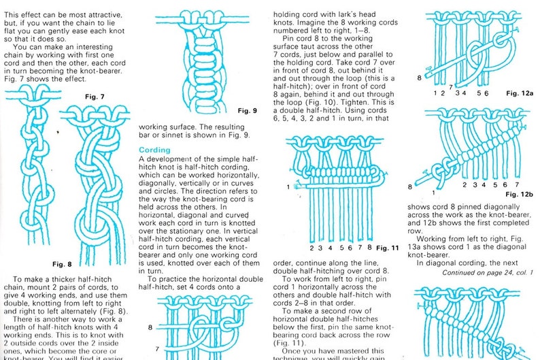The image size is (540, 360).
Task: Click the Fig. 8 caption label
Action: point(60,263)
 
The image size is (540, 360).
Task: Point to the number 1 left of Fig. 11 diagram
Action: point(288,186)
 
